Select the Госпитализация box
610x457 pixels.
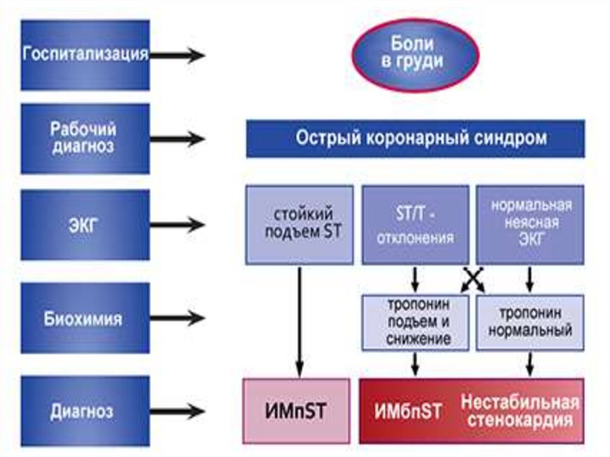coord(85,55)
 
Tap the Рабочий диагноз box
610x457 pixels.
coord(85,139)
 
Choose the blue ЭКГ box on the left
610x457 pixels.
coord(85,225)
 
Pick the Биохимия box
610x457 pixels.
coord(85,318)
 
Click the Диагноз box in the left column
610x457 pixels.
coord(85,411)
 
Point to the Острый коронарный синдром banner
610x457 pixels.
coord(416,139)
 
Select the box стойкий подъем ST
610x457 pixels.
coord(300,224)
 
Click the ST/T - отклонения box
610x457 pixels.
coord(415,224)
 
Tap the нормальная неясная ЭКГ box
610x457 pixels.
coord(530,224)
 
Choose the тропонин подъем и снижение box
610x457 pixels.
coord(415,322)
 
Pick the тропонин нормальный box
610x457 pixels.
coord(530,322)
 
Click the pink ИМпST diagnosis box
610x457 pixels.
coord(296,411)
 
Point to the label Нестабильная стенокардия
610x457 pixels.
coord(520,411)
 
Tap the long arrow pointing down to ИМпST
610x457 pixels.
coord(300,322)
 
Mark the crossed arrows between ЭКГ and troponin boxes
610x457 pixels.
coord(473,279)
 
